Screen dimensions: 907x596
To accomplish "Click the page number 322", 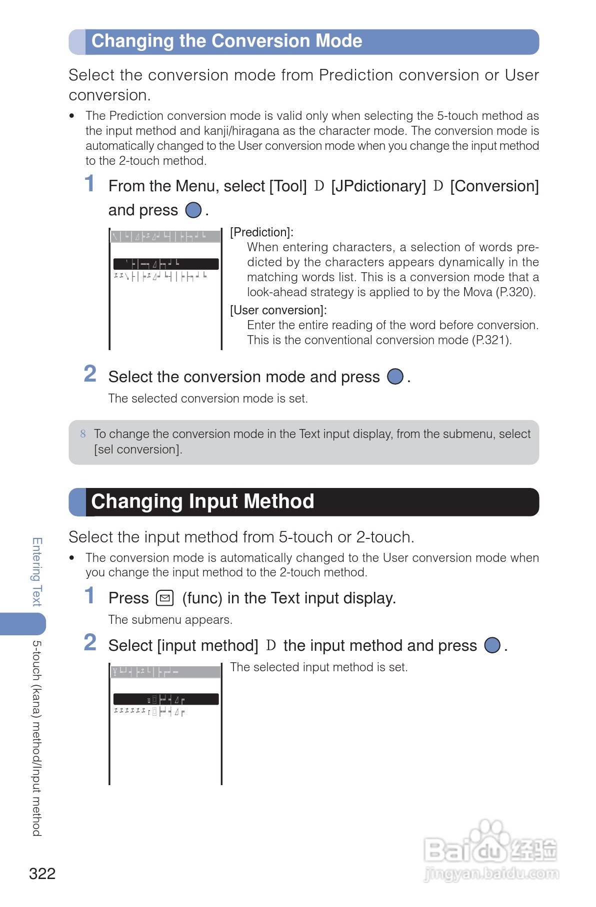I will click(42, 874).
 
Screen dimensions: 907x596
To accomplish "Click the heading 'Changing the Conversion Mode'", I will click(226, 41).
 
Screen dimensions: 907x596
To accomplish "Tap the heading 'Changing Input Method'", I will click(202, 501).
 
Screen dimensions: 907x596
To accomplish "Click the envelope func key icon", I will click(165, 598).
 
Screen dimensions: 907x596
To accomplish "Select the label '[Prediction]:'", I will click(261, 232).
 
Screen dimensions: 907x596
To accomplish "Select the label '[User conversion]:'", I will click(278, 310).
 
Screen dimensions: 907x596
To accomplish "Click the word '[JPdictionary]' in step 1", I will click(378, 186).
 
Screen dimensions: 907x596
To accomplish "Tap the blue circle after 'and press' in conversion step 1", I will click(193, 210).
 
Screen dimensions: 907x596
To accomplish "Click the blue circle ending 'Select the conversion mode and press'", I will click(395, 377).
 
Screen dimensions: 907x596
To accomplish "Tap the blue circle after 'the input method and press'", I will click(492, 645).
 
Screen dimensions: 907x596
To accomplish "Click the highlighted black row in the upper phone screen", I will click(165, 264).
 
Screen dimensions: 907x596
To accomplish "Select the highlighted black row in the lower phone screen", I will click(165, 699).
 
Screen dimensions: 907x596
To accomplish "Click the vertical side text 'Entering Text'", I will click(36, 572).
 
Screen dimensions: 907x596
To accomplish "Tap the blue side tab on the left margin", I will click(23, 624).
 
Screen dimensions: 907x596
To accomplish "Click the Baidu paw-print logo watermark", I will click(490, 839).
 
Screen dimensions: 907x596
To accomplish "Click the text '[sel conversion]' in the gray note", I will click(138, 450).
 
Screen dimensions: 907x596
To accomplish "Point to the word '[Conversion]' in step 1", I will click(494, 186).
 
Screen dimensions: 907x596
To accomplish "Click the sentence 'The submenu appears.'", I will click(170, 620).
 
